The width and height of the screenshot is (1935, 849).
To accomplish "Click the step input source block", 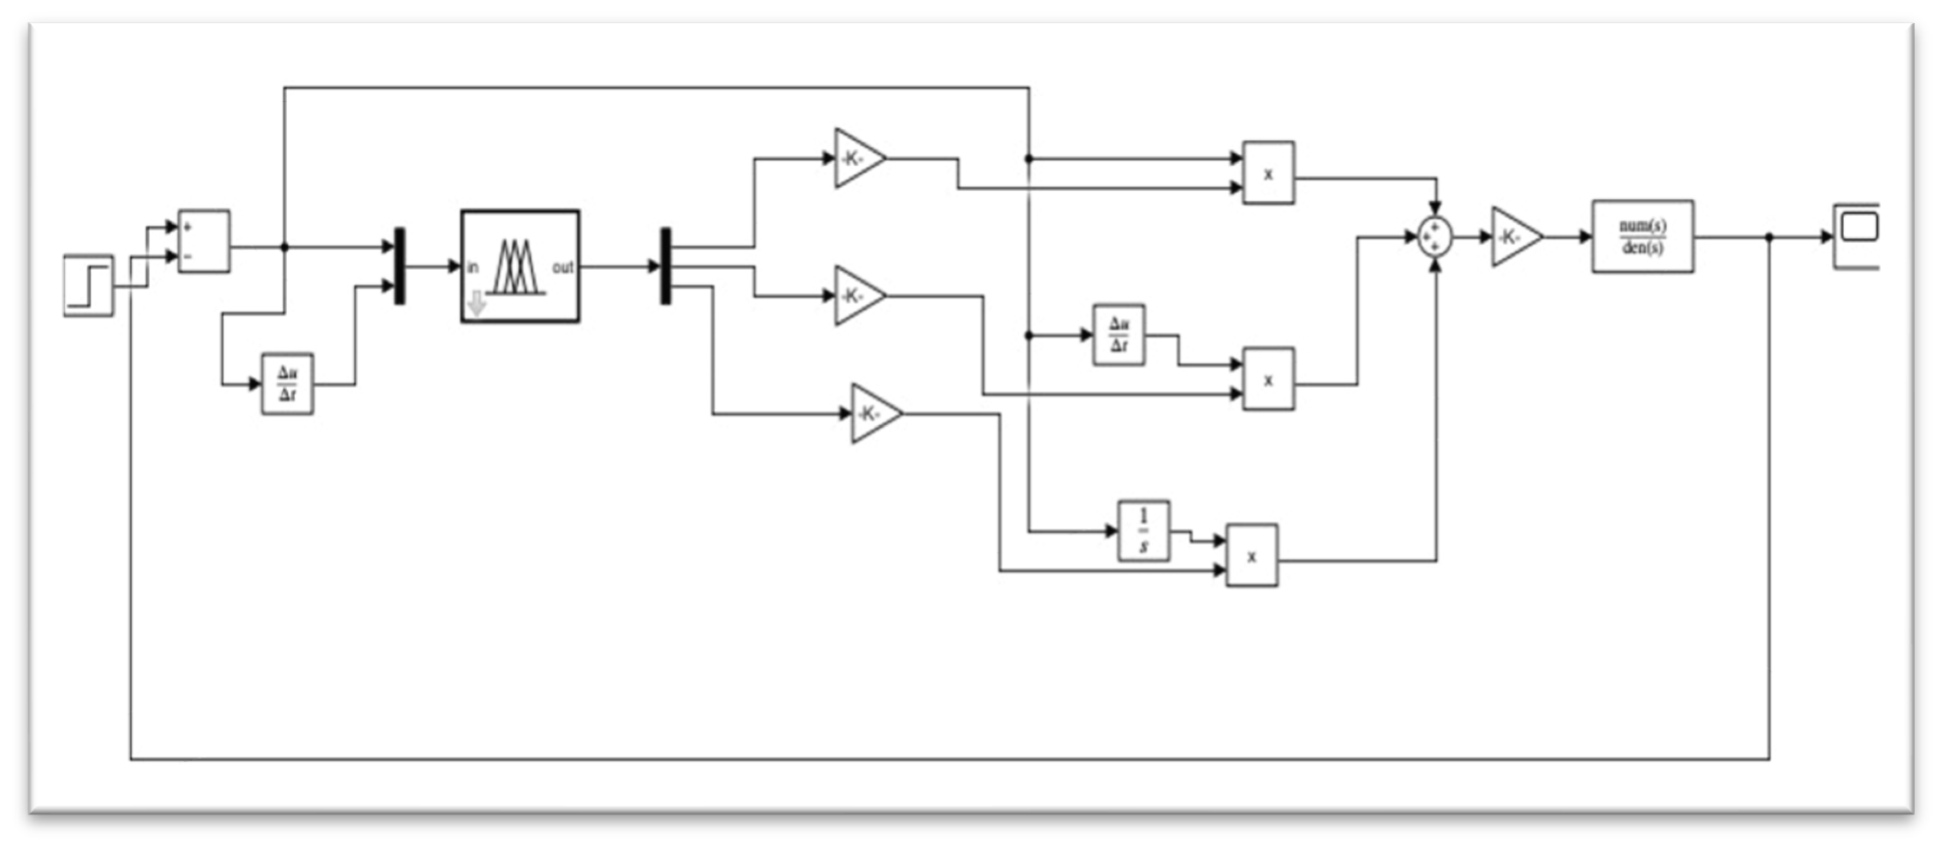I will click(x=88, y=286).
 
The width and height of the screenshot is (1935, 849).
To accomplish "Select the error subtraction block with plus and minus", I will click(x=203, y=241).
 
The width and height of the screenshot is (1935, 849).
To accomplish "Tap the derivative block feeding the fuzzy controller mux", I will click(x=287, y=384).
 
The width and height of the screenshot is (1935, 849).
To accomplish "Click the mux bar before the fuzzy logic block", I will click(x=400, y=266).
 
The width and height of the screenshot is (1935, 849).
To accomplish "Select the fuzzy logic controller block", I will click(x=520, y=266).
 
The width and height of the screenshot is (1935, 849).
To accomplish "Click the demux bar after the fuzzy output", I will click(x=665, y=266).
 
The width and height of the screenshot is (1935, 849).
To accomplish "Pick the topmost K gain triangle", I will click(x=856, y=159).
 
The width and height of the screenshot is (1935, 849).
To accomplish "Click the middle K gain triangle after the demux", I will click(x=856, y=296).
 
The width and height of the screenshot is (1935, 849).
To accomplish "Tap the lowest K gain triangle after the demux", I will click(x=873, y=414).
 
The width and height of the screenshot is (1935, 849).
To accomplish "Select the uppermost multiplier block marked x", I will click(x=1268, y=173).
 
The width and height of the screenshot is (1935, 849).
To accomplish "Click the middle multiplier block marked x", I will click(x=1268, y=379).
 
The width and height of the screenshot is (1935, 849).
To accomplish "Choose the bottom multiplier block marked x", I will click(x=1251, y=556).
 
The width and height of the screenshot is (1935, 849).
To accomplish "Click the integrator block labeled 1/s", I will click(x=1144, y=531).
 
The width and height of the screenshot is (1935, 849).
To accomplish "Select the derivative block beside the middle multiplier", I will click(x=1119, y=335).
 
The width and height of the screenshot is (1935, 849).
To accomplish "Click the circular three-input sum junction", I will click(x=1435, y=237).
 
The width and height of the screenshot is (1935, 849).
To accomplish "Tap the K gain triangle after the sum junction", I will click(x=1513, y=237).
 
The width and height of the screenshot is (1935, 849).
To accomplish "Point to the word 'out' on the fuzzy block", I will click(x=563, y=267).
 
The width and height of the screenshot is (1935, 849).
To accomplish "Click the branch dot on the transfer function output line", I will click(x=1769, y=237).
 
